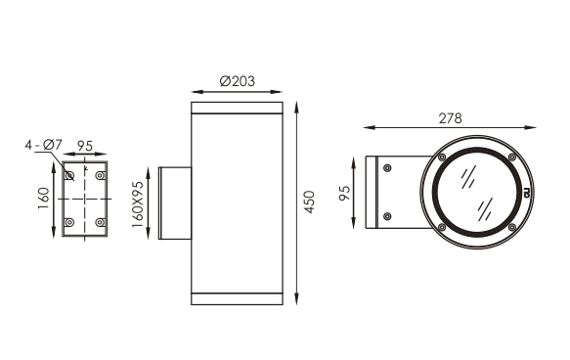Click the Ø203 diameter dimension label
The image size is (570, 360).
238,81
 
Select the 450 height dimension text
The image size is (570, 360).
309,202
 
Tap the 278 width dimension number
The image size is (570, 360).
450,118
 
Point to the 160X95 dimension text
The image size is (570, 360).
138,204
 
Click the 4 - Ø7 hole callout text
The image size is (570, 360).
44,145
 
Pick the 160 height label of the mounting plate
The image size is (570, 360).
43,199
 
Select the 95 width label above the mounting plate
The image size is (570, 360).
85,146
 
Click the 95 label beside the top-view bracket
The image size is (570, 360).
344,193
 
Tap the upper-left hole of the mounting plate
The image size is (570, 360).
69,176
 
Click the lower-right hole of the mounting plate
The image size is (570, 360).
100,222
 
